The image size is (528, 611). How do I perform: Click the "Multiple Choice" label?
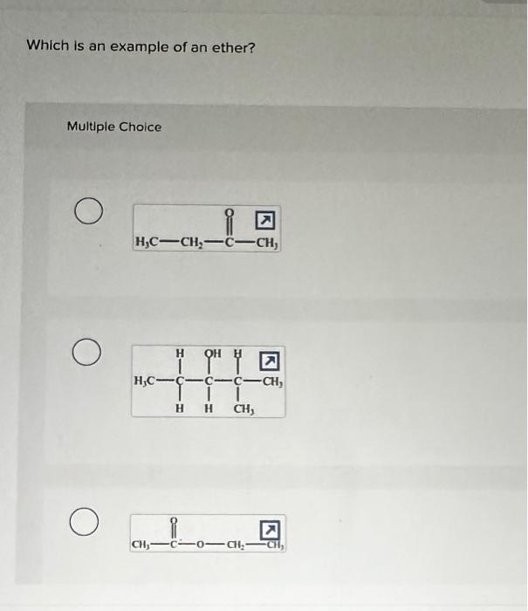click(x=114, y=127)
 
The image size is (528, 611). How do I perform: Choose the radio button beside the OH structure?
click(x=85, y=354)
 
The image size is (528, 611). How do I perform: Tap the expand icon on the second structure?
click(x=271, y=360)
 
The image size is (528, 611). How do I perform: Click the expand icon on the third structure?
click(x=271, y=528)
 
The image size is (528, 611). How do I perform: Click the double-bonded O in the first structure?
click(x=229, y=211)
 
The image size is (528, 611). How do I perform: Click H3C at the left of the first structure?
click(x=147, y=242)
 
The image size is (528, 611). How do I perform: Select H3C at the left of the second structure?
click(x=145, y=381)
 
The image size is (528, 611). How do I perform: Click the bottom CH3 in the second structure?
click(x=243, y=407)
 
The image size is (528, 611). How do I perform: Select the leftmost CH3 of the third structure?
click(x=141, y=547)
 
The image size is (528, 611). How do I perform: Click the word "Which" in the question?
click(x=46, y=45)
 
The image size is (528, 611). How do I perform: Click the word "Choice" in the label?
click(x=141, y=127)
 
